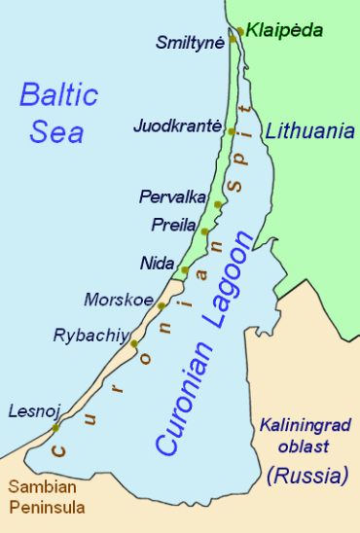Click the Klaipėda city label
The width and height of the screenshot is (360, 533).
click(284, 30)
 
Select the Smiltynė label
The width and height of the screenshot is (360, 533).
click(190, 43)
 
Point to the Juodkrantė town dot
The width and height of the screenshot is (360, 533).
click(231, 132)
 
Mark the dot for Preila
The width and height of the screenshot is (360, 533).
click(204, 231)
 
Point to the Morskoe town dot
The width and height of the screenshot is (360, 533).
click(162, 306)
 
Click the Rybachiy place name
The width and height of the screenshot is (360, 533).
click(90, 336)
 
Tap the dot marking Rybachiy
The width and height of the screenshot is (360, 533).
click(134, 344)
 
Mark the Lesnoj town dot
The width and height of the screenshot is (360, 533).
click(55, 428)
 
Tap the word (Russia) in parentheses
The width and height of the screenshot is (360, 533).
click(306, 477)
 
